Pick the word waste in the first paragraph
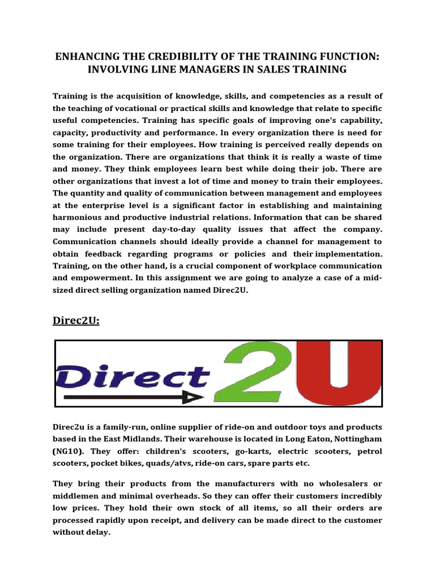[x=335, y=156]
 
